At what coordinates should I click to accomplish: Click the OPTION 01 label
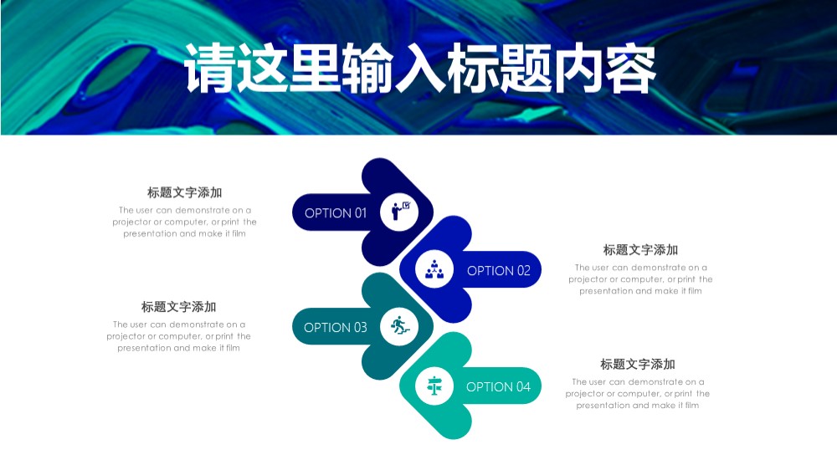[336, 213]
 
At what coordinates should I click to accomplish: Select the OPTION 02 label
[499, 270]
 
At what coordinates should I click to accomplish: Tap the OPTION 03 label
[336, 327]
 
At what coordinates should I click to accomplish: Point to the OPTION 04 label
[498, 386]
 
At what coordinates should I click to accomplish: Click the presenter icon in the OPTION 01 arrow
[400, 212]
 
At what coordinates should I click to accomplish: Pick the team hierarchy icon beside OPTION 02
[434, 269]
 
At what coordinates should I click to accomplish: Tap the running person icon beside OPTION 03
[400, 325]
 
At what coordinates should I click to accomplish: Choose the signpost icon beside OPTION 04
[434, 386]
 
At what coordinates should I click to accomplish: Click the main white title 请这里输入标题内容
[419, 69]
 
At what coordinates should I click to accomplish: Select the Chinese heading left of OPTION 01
[185, 192]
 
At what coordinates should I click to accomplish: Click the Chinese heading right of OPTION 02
[640, 250]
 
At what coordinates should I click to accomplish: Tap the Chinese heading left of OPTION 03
[179, 307]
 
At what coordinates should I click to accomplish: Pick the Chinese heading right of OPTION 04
[637, 365]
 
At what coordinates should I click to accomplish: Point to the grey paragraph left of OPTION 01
[185, 222]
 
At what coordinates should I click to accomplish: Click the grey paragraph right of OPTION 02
[640, 279]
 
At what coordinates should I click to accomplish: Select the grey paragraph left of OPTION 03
[179, 336]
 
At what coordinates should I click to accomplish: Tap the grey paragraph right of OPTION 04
[637, 394]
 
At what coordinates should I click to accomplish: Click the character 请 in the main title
[209, 69]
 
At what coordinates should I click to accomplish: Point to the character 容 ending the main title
[631, 69]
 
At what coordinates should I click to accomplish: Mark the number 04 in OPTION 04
[523, 386]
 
